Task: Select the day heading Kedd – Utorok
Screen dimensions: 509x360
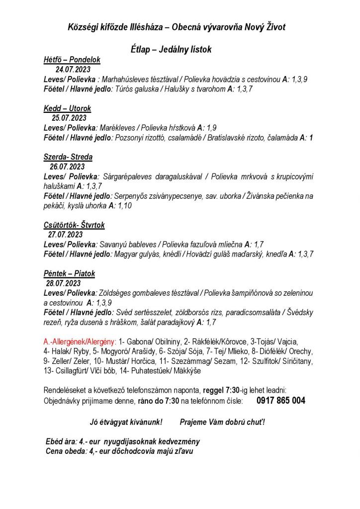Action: (67, 108)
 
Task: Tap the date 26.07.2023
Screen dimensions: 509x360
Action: (67, 167)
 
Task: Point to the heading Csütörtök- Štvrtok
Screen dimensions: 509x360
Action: (74, 225)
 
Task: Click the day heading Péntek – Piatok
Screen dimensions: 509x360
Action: (69, 273)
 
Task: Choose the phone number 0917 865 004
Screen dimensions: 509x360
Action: (281, 401)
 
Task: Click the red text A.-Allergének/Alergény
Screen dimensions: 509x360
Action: (80, 341)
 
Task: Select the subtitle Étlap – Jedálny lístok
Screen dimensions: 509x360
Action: (171, 50)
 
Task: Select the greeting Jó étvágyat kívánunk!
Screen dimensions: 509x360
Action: (126, 422)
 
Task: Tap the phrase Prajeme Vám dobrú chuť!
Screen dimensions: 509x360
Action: (222, 422)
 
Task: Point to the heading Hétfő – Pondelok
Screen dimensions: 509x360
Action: (72, 60)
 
